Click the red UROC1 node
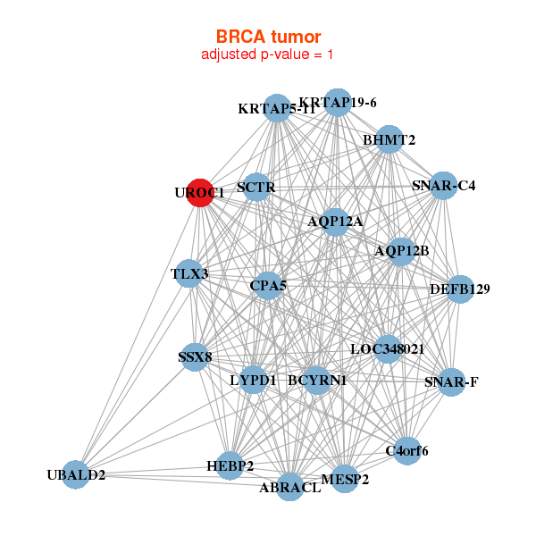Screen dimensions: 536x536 point(200,192)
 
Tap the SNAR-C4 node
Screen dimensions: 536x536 point(443,186)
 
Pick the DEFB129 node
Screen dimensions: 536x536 point(459,289)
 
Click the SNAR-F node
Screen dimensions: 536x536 point(451,382)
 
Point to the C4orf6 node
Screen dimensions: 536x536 point(406,450)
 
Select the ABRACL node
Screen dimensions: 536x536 point(289,487)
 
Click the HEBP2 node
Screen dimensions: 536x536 point(230,465)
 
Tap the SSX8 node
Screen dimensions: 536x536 point(195,357)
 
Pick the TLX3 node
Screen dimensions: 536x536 point(189,273)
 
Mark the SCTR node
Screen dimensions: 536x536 point(256,188)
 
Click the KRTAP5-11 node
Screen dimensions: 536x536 point(277,109)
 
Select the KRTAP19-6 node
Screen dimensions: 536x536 point(337,103)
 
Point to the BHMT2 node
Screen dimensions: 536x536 point(389,139)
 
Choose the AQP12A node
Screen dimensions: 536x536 point(335,221)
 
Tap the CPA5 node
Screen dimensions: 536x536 point(268,286)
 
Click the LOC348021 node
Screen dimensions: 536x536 point(387,348)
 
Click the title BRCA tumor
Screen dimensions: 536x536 point(268,37)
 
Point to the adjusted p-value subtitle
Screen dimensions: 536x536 point(268,54)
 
